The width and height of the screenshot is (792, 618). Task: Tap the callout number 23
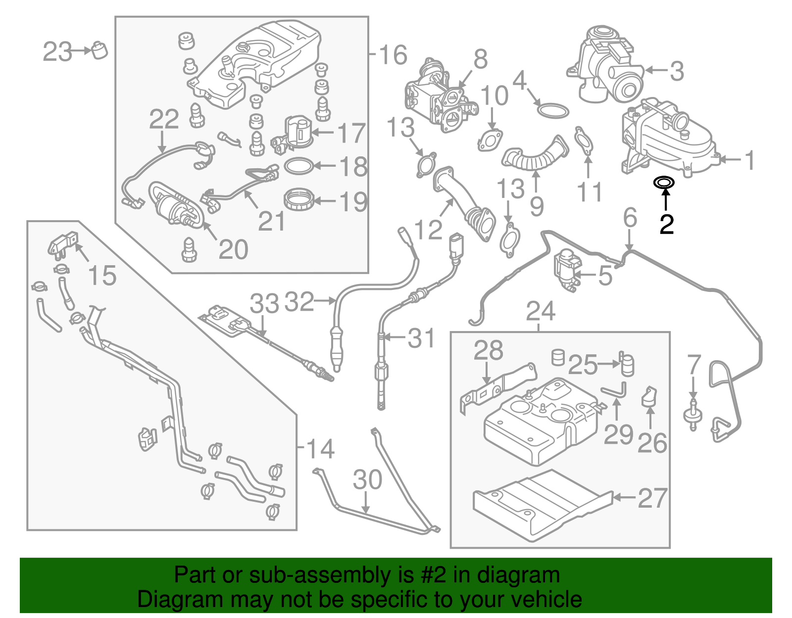[57, 51]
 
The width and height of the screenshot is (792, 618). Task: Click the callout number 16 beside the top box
[393, 54]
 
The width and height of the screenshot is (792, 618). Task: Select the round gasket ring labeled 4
[553, 111]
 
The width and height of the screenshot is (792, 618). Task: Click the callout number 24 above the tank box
[541, 311]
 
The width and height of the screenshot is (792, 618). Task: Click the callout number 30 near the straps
[367, 479]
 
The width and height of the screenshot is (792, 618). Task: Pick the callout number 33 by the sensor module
[264, 303]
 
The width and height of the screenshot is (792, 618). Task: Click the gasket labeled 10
[489, 140]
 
